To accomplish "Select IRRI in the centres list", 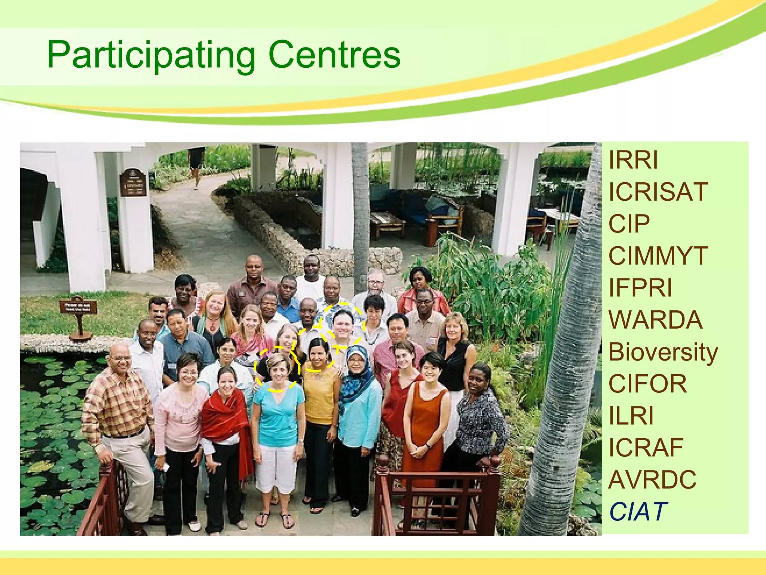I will tap(633, 160).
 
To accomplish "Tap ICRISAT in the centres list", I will tap(658, 192).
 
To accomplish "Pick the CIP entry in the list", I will tap(629, 224).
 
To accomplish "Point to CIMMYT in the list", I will tap(658, 256).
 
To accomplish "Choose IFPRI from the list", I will tap(640, 288).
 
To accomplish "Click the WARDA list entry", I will tap(655, 320).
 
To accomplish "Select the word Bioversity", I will tap(663, 352).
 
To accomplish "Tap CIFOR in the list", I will tap(647, 384).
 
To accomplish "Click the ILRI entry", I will tap(631, 416).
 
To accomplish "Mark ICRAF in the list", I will tap(646, 448).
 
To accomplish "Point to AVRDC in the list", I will tap(652, 480).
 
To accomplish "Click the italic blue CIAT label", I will tap(638, 512).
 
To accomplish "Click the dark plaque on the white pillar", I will tap(133, 183).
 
